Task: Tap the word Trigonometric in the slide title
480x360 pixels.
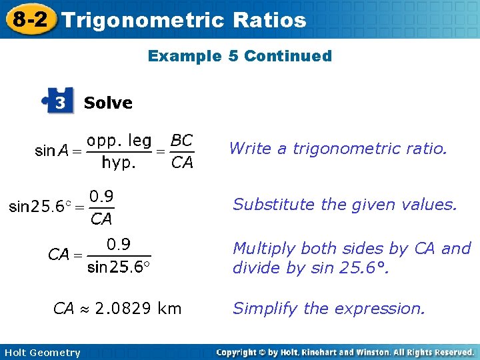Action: click(x=143, y=20)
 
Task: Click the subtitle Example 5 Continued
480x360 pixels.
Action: click(x=239, y=56)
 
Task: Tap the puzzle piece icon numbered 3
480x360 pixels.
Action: click(x=59, y=103)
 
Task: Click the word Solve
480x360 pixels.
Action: click(x=108, y=103)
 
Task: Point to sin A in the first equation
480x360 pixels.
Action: click(x=52, y=151)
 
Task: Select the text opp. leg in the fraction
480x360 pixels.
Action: click(x=119, y=141)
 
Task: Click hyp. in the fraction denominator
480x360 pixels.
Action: click(x=119, y=162)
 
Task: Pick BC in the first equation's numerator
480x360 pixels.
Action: click(x=181, y=141)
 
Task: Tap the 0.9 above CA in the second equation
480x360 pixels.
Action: click(x=101, y=196)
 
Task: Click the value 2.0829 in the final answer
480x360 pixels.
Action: click(x=125, y=309)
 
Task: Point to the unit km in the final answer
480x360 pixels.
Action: click(x=171, y=309)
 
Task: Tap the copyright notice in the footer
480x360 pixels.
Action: click(x=345, y=352)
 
